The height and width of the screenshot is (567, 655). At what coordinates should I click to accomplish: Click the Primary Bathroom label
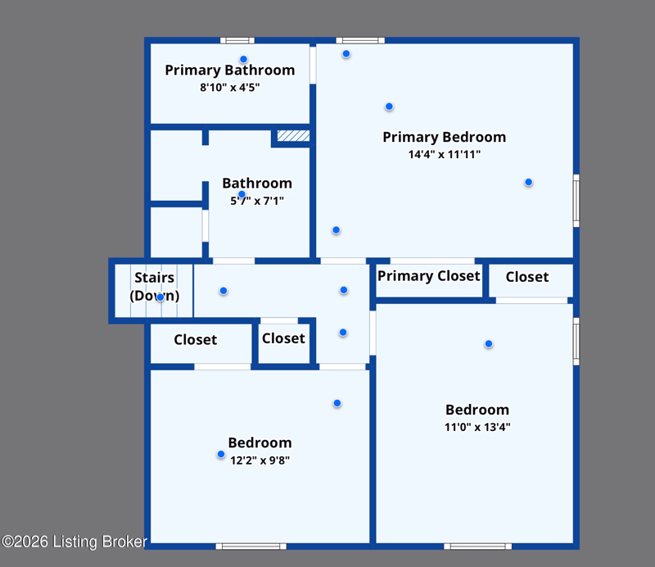(230, 70)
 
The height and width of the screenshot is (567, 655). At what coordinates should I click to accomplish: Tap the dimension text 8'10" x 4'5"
(230, 88)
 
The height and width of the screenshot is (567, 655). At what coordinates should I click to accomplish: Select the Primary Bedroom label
(444, 137)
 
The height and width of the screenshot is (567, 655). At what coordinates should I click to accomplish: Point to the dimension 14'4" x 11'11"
(445, 154)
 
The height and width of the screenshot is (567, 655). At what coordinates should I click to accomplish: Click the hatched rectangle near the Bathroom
(293, 135)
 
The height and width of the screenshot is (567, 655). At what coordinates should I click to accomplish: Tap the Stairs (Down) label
(155, 287)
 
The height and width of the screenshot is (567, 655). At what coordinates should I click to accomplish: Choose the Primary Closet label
(428, 276)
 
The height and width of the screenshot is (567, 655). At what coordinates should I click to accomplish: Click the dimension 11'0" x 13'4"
(477, 427)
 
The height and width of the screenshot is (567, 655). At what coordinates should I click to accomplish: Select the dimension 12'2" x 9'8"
(260, 460)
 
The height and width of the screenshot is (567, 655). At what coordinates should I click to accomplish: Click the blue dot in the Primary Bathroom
(243, 59)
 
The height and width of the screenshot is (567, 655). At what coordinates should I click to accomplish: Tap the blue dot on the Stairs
(160, 297)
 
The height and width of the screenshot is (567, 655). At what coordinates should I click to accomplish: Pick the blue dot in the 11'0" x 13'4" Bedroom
(488, 343)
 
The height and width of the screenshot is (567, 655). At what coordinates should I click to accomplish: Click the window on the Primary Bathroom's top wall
(237, 41)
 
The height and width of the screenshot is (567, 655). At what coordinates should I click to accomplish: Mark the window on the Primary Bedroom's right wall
(576, 201)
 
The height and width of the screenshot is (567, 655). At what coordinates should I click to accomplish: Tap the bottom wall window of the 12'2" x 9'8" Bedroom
(251, 546)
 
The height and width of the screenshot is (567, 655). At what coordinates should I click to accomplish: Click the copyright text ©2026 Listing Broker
(75, 542)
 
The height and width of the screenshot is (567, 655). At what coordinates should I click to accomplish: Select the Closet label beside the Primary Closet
(527, 277)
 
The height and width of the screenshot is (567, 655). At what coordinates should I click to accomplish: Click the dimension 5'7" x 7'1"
(257, 201)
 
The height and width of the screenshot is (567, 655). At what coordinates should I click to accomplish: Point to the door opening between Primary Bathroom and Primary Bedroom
(313, 66)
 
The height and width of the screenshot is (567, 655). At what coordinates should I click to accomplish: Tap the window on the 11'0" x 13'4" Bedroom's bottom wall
(478, 546)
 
